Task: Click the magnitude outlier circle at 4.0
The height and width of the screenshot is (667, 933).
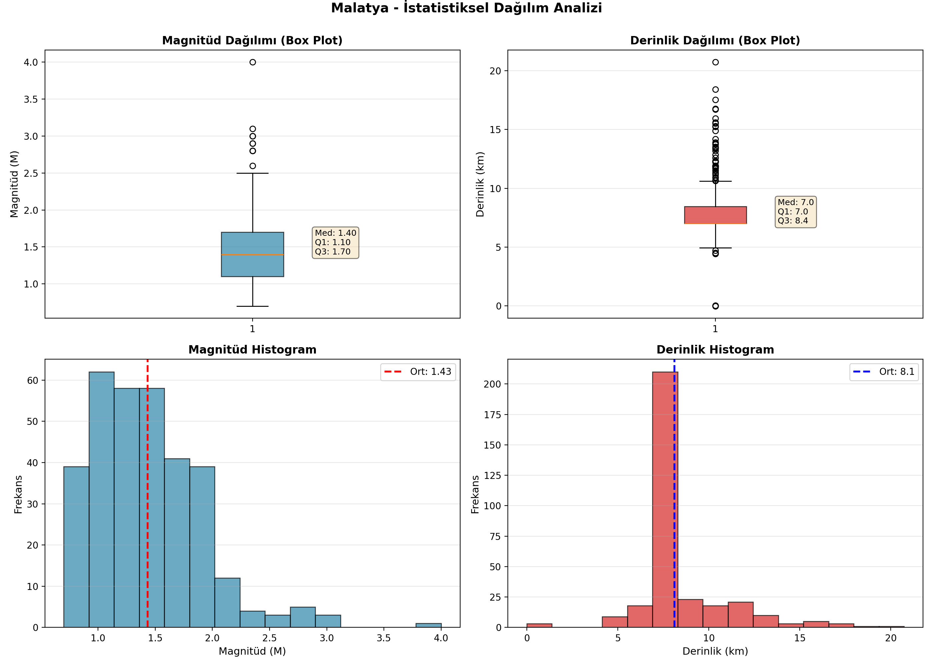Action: click(x=253, y=62)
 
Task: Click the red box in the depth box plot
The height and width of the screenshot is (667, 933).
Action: click(x=715, y=215)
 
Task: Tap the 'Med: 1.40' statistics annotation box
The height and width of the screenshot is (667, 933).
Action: click(x=336, y=242)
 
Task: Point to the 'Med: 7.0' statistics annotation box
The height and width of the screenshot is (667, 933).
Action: click(x=796, y=211)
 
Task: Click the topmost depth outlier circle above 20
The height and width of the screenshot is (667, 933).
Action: click(x=715, y=62)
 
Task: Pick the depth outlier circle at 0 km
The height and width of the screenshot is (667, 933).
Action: click(x=715, y=306)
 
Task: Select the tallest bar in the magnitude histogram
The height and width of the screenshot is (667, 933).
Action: click(x=102, y=500)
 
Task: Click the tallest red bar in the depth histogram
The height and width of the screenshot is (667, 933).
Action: click(x=665, y=500)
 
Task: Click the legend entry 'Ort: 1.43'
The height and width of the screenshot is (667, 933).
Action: click(x=418, y=372)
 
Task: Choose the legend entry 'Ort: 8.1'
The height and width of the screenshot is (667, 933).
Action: click(x=884, y=372)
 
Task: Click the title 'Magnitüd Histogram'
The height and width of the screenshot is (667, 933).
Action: click(x=252, y=350)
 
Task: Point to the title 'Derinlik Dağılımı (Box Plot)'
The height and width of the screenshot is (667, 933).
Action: click(x=715, y=40)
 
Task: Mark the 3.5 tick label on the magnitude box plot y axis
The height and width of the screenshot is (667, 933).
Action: click(x=31, y=99)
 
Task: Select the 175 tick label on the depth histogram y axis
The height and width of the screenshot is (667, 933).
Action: click(x=492, y=415)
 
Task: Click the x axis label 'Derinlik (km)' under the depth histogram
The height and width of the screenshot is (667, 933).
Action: click(x=715, y=651)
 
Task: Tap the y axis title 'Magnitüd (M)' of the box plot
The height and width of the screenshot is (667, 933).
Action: click(x=14, y=184)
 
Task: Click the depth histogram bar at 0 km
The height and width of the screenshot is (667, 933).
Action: click(x=539, y=626)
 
